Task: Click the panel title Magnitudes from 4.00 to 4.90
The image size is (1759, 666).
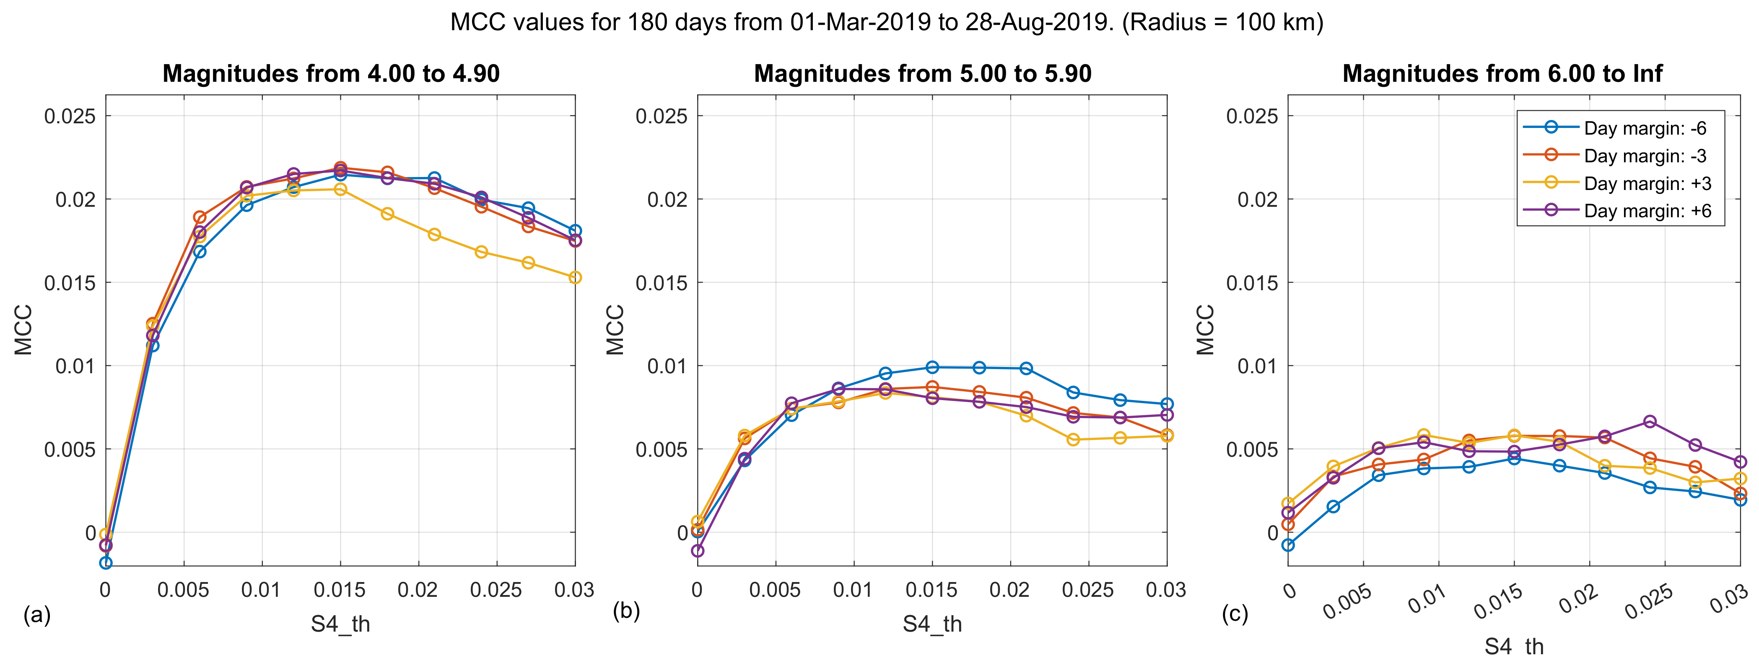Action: coord(331,73)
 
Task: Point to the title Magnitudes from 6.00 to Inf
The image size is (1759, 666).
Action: coord(1502,73)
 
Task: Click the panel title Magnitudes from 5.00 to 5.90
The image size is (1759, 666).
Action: coord(923,73)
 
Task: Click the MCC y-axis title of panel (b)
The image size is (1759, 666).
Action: coord(615,330)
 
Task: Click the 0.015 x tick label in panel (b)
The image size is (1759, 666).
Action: coord(932,590)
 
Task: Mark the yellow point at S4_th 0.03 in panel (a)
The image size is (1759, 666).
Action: coord(575,277)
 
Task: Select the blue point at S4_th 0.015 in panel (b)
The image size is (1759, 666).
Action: coord(932,367)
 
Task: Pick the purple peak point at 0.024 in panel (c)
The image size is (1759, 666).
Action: coord(1650,421)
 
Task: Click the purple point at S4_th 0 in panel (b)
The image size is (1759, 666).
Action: coord(697,551)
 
